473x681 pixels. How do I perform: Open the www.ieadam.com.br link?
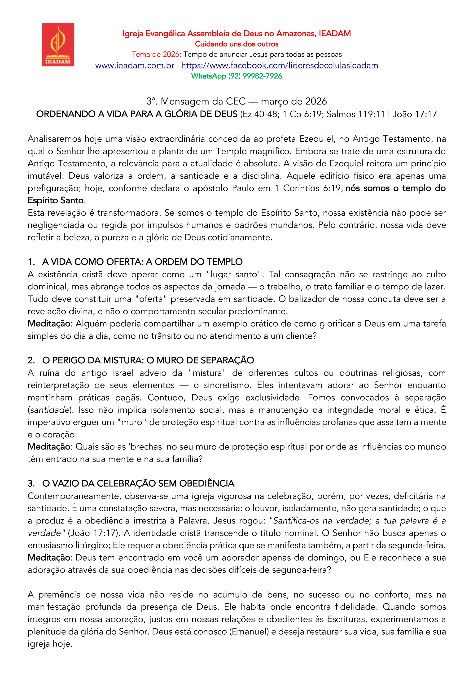(135, 65)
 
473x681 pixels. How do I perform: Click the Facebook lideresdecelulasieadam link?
(280, 65)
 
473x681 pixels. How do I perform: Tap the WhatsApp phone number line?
(236, 76)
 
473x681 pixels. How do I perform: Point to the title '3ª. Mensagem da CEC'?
(196, 101)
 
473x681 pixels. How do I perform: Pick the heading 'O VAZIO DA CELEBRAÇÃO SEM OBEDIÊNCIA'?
(138, 483)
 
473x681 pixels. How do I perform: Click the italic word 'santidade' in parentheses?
(49, 410)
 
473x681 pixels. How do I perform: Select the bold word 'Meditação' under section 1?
(49, 324)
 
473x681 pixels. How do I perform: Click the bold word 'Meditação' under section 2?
(49, 447)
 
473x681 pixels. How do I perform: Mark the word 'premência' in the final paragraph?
(60, 594)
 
